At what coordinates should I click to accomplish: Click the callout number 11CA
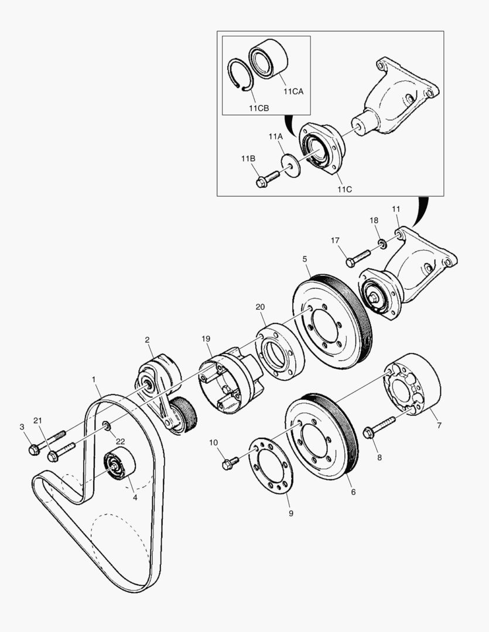294,91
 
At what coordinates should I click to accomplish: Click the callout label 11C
344,189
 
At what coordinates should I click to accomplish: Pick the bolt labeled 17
358,257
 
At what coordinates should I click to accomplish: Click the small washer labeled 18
382,243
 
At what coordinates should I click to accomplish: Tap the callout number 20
260,307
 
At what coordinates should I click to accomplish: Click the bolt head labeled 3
34,449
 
